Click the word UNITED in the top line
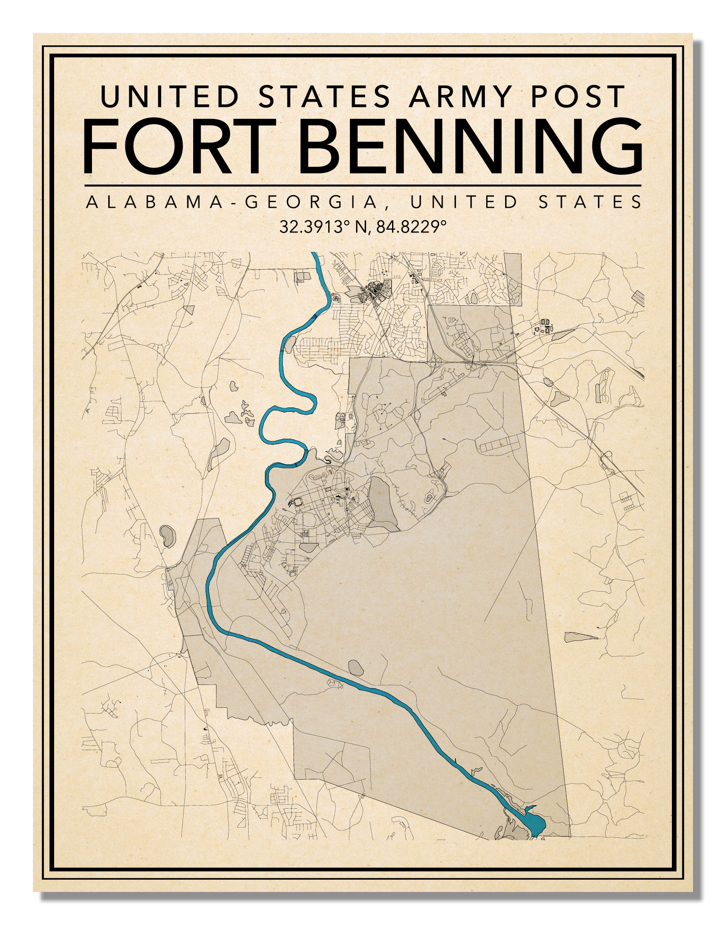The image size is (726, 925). point(170,96)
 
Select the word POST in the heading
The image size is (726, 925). point(578,96)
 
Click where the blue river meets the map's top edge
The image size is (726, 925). point(314,254)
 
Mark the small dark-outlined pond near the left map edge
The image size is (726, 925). point(167,536)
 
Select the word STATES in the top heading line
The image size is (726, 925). point(324,96)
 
